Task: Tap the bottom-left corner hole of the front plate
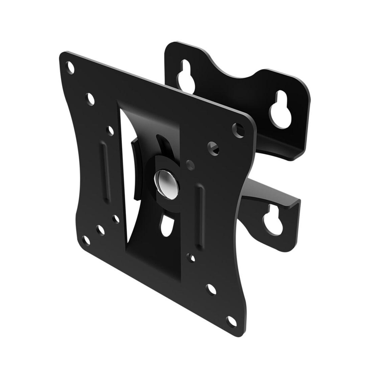coord(86,240)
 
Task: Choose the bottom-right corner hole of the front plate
coord(230,321)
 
